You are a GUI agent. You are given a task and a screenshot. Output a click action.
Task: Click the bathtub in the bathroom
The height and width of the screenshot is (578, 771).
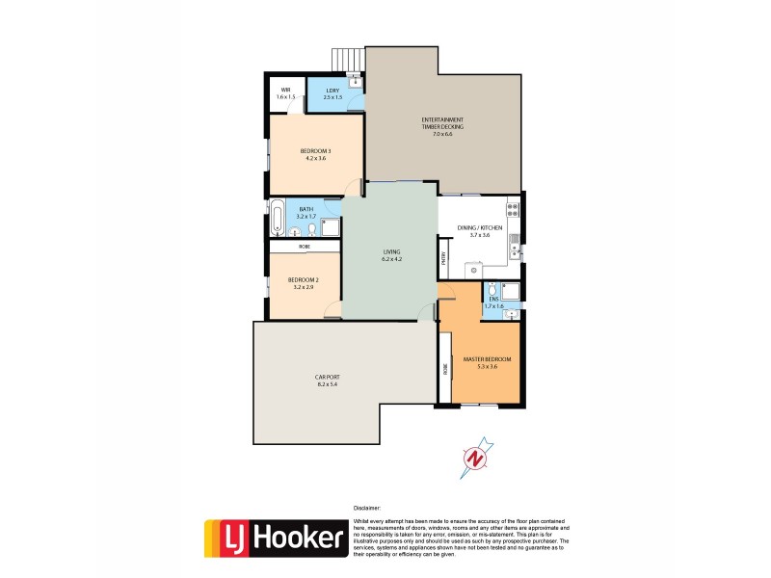(x=278, y=217)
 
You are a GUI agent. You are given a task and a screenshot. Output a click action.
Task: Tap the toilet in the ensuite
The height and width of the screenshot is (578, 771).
(x=492, y=289)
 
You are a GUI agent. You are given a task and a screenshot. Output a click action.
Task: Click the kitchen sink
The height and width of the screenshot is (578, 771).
(x=516, y=250)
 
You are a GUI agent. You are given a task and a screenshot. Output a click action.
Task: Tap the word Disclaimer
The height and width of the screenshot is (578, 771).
(x=366, y=508)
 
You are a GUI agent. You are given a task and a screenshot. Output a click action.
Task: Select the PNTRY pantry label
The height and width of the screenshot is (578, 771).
(x=443, y=257)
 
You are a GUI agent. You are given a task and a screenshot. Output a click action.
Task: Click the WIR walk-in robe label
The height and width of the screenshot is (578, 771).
(x=285, y=92)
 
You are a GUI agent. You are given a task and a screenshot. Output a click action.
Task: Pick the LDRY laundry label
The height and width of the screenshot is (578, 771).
(x=332, y=92)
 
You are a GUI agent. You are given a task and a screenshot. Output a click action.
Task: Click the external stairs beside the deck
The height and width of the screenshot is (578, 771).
(x=344, y=59)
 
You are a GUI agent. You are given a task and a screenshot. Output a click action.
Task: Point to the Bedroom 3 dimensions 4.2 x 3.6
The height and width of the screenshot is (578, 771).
(x=314, y=158)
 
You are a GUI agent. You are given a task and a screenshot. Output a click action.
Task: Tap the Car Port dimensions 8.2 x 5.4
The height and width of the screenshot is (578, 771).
(x=327, y=384)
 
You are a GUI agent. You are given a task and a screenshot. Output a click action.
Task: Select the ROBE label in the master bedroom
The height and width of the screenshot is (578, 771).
(x=445, y=368)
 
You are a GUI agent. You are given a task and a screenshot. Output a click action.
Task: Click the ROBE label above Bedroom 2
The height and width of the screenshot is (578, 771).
(x=305, y=247)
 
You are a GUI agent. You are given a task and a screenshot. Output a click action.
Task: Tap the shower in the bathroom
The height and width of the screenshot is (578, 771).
(x=329, y=227)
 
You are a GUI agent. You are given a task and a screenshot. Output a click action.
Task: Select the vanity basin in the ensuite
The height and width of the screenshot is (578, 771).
(x=511, y=313)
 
